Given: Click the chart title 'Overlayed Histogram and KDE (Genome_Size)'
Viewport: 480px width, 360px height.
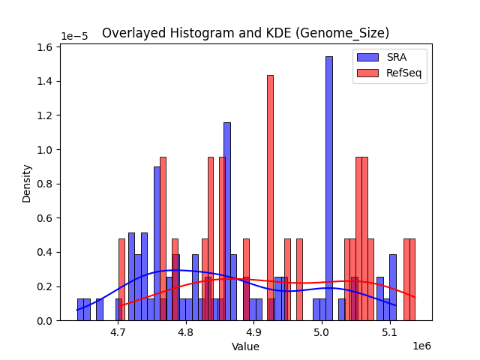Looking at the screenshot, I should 245,33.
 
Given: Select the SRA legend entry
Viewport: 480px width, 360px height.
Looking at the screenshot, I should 389,57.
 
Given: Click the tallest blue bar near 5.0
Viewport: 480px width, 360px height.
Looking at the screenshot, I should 328,187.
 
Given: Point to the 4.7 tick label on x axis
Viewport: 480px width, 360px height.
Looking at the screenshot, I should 118,331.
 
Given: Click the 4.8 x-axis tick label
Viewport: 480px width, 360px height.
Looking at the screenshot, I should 186,331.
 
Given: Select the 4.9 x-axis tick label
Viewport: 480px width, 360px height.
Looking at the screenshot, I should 254,331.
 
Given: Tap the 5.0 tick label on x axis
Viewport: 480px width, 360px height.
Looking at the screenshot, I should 322,331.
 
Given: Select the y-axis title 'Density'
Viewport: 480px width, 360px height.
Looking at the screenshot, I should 27,184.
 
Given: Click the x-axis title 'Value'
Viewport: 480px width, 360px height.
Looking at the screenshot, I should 245,347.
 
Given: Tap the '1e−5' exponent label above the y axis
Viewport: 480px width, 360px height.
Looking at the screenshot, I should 73,36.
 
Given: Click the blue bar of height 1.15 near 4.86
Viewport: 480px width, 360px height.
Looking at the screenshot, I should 226,221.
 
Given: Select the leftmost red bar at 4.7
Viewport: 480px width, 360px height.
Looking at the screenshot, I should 121,279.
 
